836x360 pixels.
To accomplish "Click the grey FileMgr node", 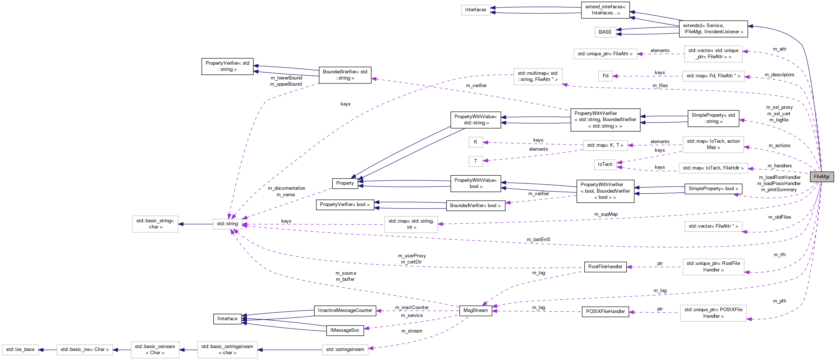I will click(822, 176).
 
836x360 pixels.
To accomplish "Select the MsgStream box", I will click(475, 310).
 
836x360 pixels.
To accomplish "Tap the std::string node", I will click(227, 224).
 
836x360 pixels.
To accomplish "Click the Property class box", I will click(345, 183).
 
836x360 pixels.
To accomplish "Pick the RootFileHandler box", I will click(605, 267).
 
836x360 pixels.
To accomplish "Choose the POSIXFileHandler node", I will click(605, 312).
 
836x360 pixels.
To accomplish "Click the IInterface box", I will click(227, 319).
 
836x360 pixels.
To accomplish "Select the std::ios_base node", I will click(20, 350).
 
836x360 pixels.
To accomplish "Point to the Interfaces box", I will click(475, 10).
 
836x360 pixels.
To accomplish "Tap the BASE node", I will click(605, 32).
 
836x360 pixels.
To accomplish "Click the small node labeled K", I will click(475, 142).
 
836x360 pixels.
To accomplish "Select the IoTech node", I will click(605, 164).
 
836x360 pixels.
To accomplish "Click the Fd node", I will click(605, 76).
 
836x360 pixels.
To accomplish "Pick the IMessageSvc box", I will click(345, 330).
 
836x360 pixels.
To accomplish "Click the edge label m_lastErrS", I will click(538, 240).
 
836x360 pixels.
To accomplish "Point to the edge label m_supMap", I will click(606, 214).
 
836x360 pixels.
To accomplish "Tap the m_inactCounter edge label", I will click(412, 308).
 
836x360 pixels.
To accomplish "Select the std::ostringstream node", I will click(345, 350).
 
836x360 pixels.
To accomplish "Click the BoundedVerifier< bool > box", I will click(475, 206).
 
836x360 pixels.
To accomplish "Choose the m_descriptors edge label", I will click(779, 75).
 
